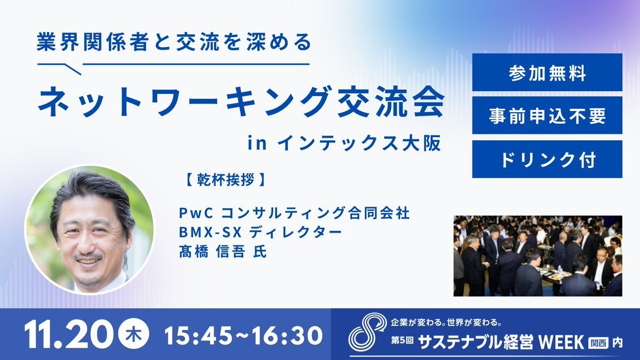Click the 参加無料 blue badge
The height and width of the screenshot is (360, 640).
547,73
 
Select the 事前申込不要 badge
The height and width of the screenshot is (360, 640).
547,115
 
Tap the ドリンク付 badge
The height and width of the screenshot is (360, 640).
547,159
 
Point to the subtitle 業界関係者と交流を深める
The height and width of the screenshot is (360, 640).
174,42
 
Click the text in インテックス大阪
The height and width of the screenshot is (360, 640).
345,143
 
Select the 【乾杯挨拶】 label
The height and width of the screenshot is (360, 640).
226,180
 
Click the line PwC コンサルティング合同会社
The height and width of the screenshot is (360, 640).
294,213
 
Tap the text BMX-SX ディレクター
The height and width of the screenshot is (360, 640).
260,233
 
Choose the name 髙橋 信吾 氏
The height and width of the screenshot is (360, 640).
223,252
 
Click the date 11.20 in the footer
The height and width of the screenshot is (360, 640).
68,335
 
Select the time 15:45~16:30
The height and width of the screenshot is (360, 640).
243,335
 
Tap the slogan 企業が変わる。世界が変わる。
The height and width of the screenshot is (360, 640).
446,323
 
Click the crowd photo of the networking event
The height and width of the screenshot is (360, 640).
538,255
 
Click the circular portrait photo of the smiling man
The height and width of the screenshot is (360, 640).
90,229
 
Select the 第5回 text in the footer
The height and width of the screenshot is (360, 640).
402,341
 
